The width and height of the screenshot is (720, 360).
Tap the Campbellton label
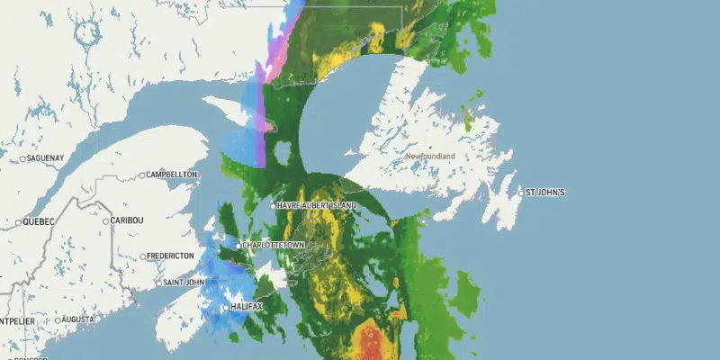[x=171, y=175]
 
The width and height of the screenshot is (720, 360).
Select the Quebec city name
[x=39, y=221]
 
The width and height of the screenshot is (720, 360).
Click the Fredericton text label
[x=171, y=256]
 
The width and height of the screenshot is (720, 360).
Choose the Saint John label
[x=184, y=283]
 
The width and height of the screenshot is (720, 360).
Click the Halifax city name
[x=247, y=309]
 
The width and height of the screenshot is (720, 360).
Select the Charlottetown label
[x=274, y=245]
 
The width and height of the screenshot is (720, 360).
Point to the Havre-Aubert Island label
[x=317, y=206]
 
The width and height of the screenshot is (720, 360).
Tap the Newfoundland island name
[x=430, y=157]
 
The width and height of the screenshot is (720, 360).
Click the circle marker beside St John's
[x=521, y=193]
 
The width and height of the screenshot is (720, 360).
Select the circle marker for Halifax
[x=226, y=309]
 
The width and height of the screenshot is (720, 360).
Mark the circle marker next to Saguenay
[x=23, y=158]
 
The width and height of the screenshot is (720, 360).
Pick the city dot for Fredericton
[x=142, y=256]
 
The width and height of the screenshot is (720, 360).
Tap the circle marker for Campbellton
[x=142, y=175]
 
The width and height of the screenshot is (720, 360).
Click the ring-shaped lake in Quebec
[x=88, y=33]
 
